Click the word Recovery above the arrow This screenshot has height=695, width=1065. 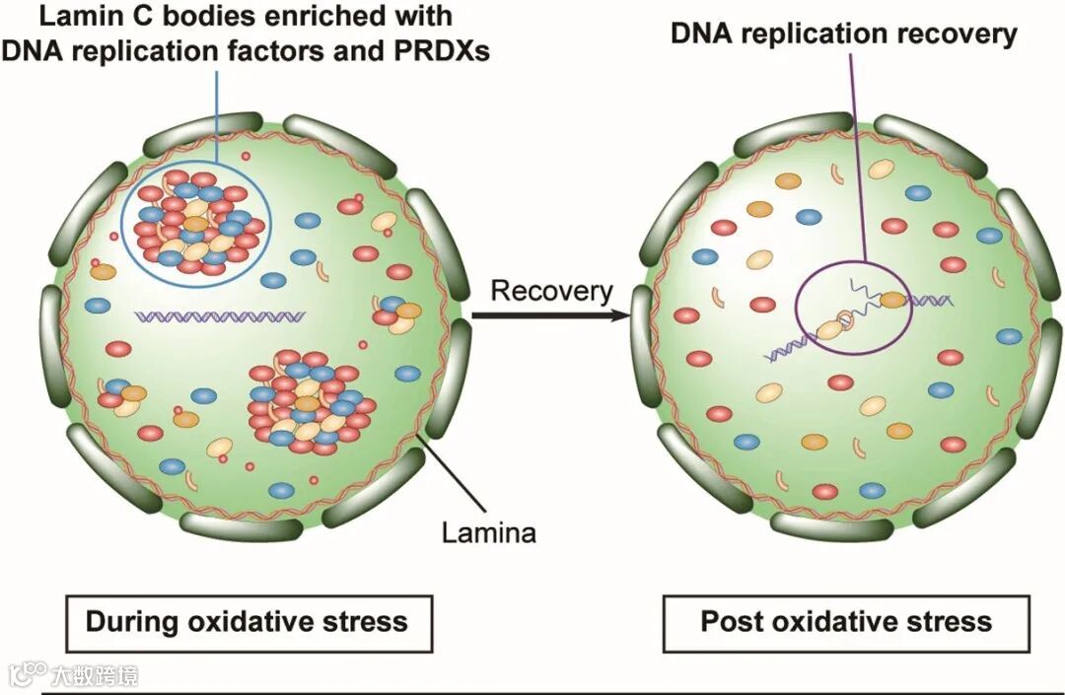551,291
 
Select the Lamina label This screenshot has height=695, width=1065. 488,533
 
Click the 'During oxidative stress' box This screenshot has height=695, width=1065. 247,622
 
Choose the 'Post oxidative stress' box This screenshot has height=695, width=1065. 846,622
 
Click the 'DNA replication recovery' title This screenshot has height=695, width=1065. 843,34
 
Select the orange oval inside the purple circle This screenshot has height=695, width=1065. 891,300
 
